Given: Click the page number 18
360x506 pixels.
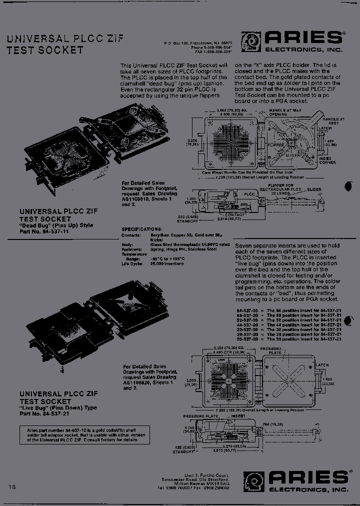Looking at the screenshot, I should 12,486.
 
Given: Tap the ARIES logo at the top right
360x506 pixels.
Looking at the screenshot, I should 292,41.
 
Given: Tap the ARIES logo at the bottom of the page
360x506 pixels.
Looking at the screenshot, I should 295,480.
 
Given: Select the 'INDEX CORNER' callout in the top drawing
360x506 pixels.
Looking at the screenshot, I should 327,160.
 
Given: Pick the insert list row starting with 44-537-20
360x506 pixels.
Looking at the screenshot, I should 288,324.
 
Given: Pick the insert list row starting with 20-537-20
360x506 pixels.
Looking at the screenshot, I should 288,338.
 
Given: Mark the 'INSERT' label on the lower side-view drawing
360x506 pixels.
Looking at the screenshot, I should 238,415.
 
